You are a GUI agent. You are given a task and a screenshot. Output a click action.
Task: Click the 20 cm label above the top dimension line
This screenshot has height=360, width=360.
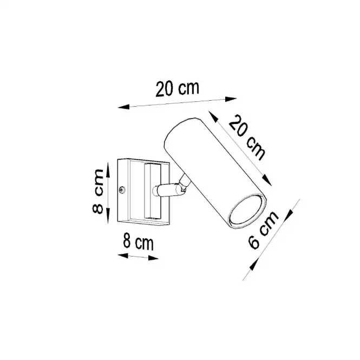(x=177, y=89)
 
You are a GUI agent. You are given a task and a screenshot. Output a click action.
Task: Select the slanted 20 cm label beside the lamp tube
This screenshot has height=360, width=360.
(x=247, y=138)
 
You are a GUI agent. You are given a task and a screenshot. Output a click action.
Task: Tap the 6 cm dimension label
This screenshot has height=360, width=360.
(x=263, y=230)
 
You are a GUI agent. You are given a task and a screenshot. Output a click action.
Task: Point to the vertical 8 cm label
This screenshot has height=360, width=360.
(x=98, y=191)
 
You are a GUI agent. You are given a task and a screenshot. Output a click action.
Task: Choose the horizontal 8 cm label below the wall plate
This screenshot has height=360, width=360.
(x=138, y=241)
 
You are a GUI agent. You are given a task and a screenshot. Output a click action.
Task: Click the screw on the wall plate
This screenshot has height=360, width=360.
(x=122, y=190)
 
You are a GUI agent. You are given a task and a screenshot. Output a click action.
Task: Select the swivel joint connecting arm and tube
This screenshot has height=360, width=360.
(x=184, y=183)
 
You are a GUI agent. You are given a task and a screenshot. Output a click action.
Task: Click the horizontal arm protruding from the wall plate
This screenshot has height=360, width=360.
(x=165, y=190)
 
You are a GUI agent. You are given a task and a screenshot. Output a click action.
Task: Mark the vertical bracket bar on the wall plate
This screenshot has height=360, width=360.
(x=152, y=191)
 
